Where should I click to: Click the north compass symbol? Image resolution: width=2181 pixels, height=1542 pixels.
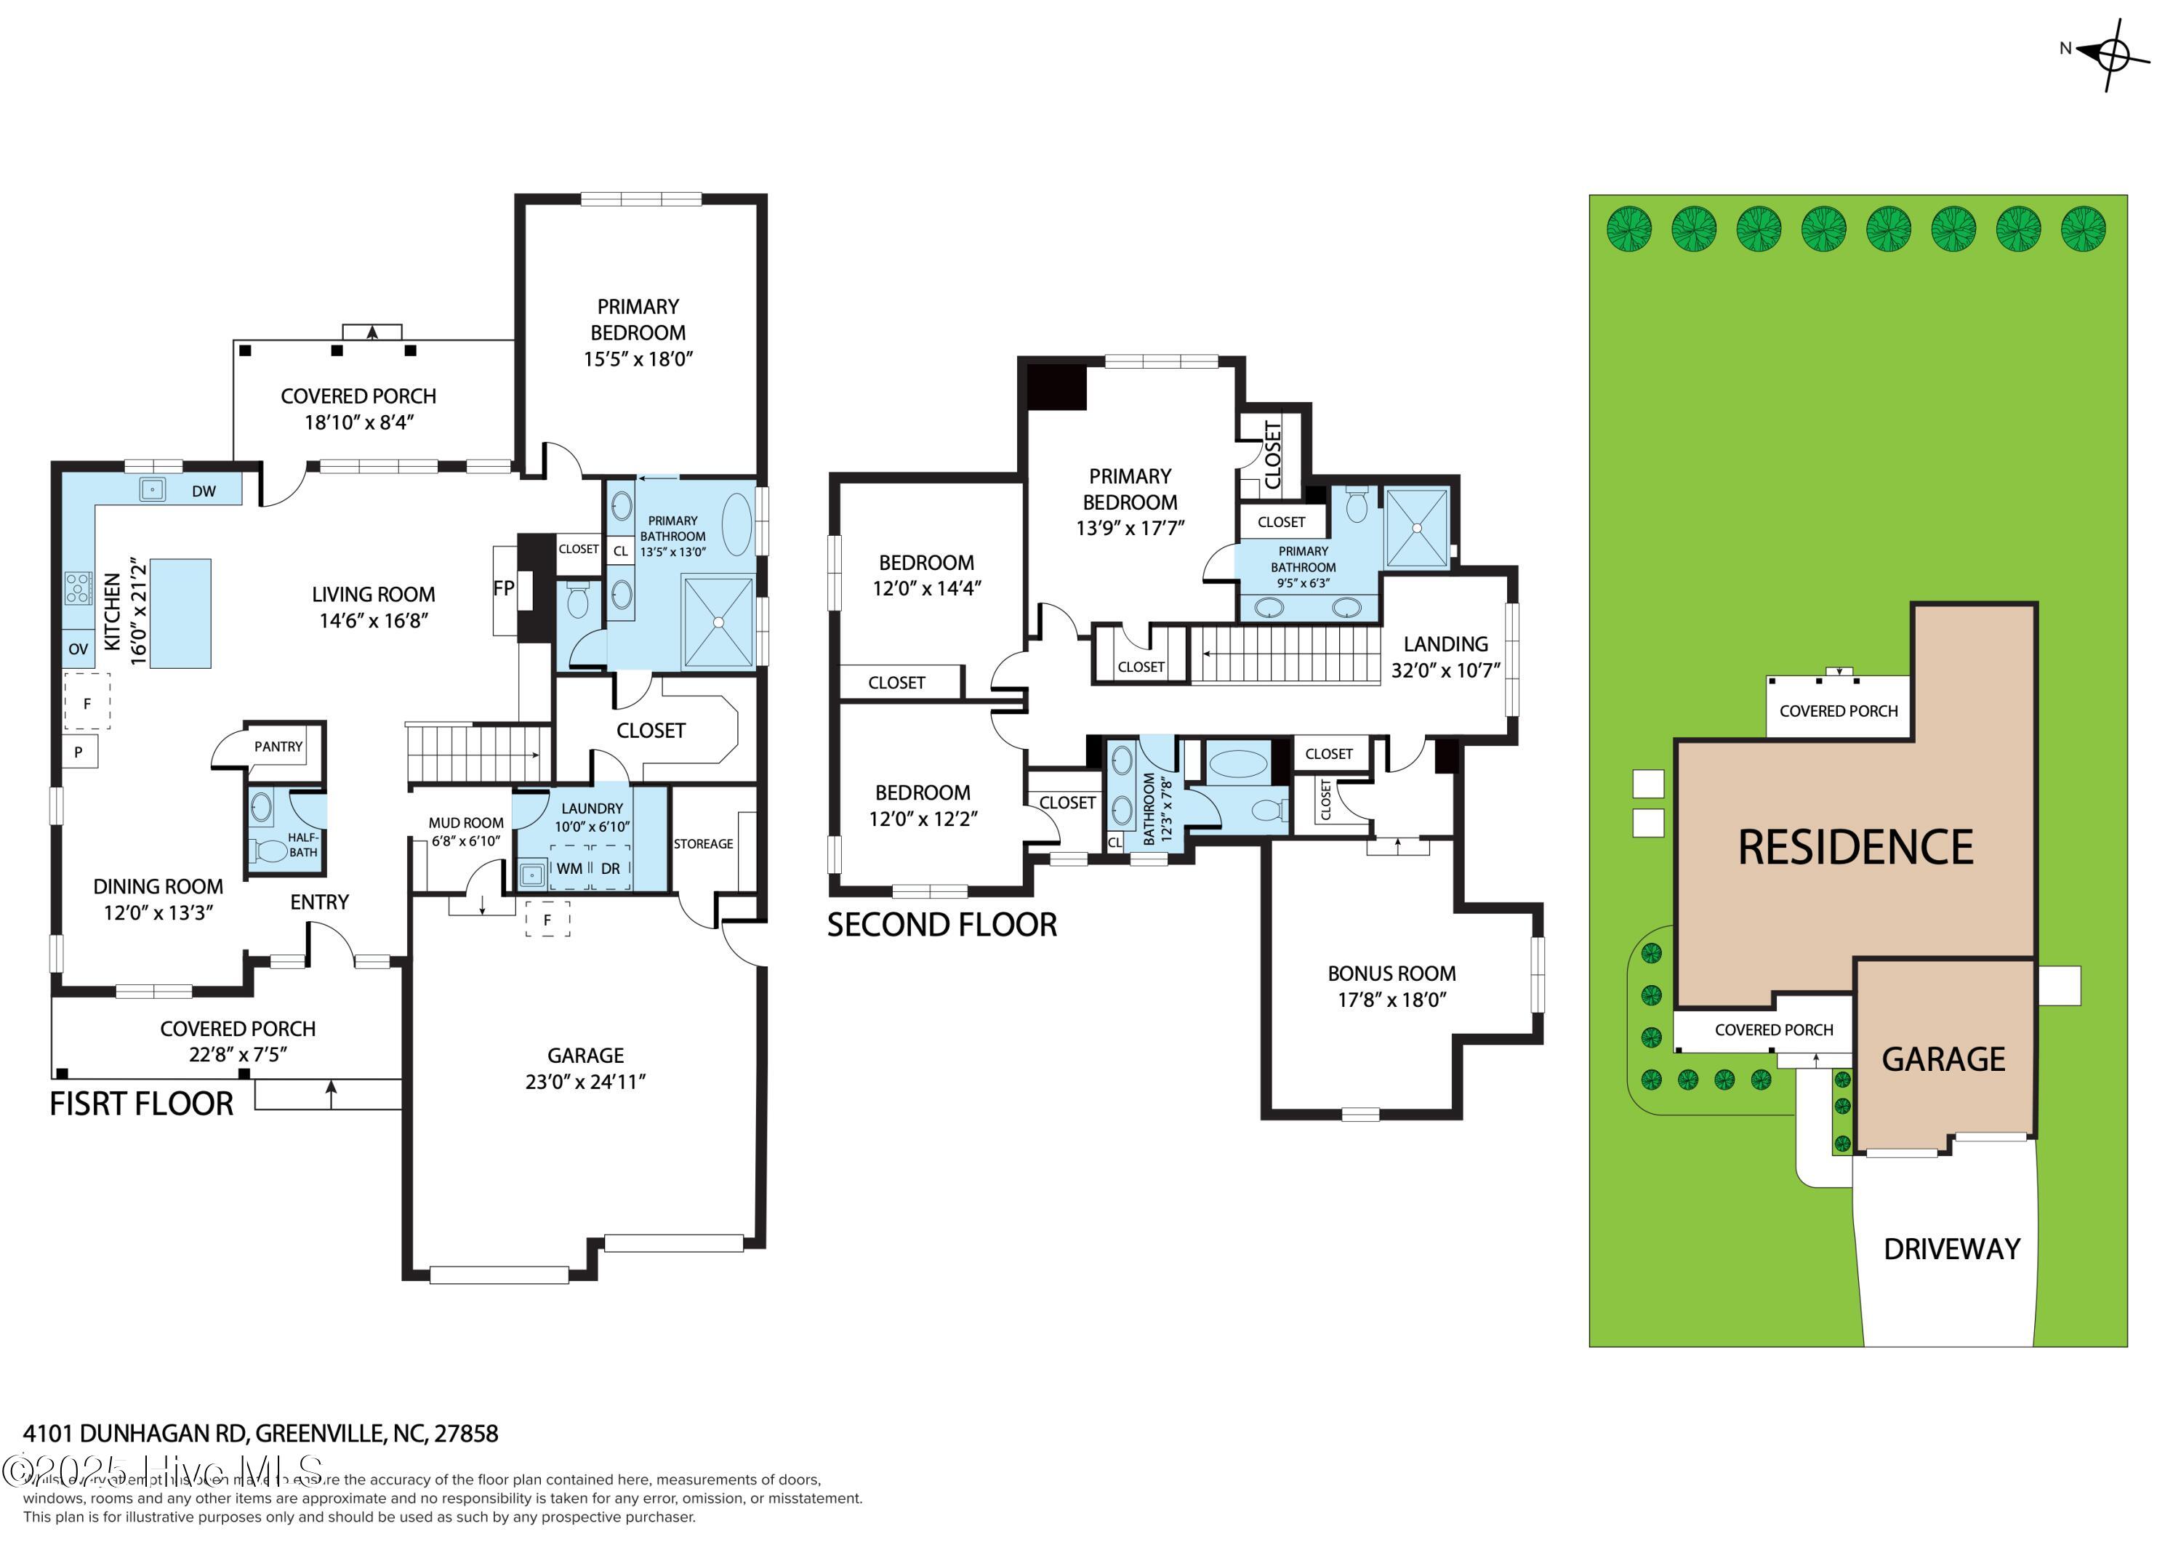pos(2110,54)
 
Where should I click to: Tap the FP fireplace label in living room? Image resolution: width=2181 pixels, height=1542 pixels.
pos(504,588)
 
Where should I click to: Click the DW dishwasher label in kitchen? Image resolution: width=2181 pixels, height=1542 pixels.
pos(204,491)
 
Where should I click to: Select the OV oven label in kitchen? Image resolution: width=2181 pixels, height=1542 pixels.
pos(78,649)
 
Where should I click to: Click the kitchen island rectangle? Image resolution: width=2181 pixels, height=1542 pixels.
pos(180,614)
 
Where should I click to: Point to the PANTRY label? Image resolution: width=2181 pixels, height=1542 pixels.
pos(278,747)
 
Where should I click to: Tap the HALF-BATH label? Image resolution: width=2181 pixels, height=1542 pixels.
pos(303,845)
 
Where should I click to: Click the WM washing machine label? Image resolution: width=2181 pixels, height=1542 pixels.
pos(569,868)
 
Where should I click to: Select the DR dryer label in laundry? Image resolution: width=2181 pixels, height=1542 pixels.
pos(610,868)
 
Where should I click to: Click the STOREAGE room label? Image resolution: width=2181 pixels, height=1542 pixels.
pos(703,843)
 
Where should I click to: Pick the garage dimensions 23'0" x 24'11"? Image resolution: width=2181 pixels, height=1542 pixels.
pos(585,1081)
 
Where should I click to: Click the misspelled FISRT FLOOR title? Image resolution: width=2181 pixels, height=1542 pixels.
pos(142,1104)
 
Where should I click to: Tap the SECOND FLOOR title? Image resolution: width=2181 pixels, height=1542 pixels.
pos(941,925)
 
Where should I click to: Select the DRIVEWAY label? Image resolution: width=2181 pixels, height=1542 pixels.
pos(1951,1249)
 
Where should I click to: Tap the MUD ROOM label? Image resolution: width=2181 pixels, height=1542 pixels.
pos(465,823)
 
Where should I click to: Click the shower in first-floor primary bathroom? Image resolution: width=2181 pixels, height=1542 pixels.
pos(718,622)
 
